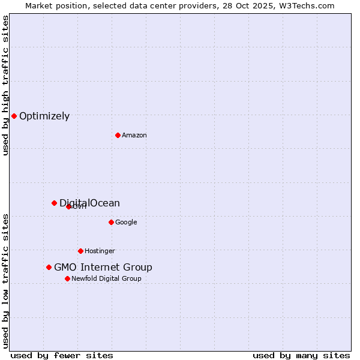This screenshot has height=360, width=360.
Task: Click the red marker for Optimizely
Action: coord(14,116)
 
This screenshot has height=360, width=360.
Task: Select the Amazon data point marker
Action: coord(118,135)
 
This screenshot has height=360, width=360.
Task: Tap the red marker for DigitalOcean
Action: coord(54,203)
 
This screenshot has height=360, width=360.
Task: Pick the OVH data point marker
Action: coord(68,206)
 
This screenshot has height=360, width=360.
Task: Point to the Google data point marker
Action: coord(111,222)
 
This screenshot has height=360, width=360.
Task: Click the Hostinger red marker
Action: coord(80,251)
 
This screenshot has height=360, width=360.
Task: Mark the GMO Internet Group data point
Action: coord(49,267)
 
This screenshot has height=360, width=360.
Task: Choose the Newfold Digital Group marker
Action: coord(67,278)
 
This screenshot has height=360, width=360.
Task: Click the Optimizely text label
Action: coord(44,116)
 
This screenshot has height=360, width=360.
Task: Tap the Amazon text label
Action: coord(134,136)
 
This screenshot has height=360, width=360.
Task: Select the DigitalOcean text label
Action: coord(90,203)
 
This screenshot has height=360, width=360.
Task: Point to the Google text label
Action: coord(126,223)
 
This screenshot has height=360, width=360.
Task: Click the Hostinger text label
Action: coord(100,251)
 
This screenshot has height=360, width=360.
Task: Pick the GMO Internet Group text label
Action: coord(103,268)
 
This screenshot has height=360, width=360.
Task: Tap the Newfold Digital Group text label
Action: coord(106,279)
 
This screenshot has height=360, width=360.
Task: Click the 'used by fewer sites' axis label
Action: coord(62,355)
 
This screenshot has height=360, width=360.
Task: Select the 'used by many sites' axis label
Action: coord(301,355)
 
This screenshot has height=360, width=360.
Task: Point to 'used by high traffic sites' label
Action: coord(5,85)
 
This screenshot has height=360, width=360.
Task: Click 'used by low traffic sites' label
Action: coord(5,281)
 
